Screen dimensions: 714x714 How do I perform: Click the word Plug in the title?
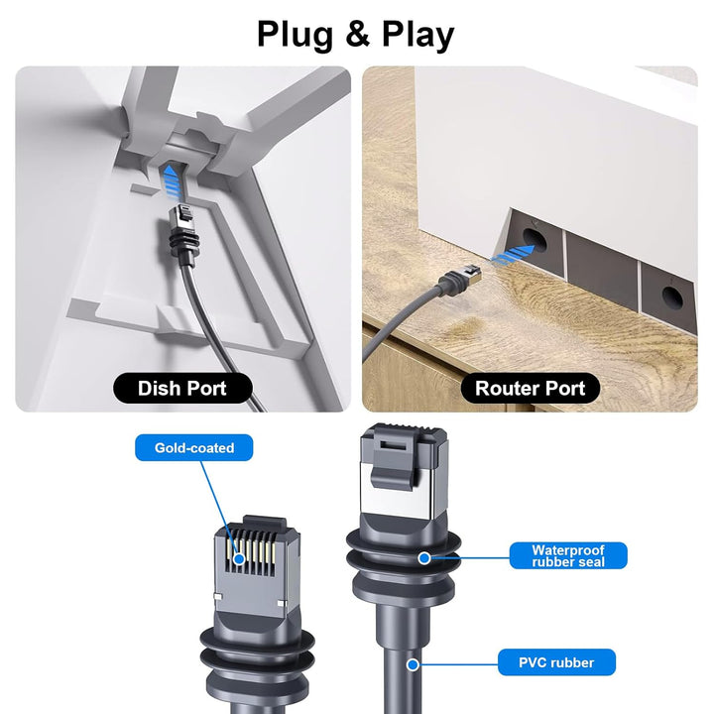(x=296, y=35)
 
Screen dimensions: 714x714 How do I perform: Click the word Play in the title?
(x=418, y=35)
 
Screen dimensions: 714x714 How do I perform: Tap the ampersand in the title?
(x=357, y=34)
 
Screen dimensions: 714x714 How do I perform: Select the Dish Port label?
(x=182, y=389)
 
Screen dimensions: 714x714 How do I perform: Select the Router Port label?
(x=530, y=389)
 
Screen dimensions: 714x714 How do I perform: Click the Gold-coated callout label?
(x=194, y=447)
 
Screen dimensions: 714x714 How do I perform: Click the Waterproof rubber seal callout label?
(x=568, y=555)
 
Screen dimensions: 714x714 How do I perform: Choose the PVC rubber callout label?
(x=556, y=662)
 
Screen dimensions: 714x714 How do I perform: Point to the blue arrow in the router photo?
(x=513, y=254)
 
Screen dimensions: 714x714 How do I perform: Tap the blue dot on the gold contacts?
(x=239, y=558)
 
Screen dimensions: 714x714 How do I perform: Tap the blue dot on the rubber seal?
(x=424, y=557)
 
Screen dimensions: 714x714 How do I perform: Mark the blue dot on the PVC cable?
(x=413, y=664)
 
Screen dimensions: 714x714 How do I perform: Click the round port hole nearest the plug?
(x=535, y=240)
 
